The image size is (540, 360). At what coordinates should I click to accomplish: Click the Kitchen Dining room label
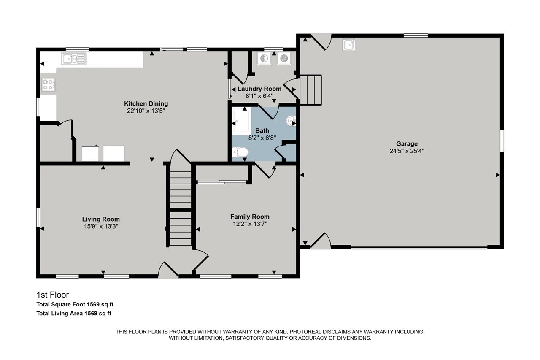click(x=146, y=104)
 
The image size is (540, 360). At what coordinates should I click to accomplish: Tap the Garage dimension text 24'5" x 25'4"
click(x=407, y=151)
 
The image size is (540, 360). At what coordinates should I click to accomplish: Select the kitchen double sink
click(x=74, y=59)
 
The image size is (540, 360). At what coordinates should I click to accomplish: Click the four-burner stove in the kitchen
click(x=49, y=85)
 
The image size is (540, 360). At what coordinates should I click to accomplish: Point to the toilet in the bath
click(x=240, y=152)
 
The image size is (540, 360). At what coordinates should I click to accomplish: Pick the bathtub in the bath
click(x=242, y=121)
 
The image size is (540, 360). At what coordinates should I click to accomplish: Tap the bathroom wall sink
click(x=291, y=121)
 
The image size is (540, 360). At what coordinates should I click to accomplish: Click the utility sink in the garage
click(x=349, y=45)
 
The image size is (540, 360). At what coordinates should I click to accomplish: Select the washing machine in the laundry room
click(x=264, y=58)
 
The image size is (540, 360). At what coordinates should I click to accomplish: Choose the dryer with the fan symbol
click(x=284, y=58)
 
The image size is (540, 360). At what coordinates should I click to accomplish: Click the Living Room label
click(x=101, y=219)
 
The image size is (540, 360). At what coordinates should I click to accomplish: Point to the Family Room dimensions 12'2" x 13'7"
click(x=250, y=224)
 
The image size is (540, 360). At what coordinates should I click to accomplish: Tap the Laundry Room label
click(x=259, y=89)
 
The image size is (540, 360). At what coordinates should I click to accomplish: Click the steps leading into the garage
click(x=311, y=90)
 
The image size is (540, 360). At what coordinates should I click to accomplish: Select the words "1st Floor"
click(x=53, y=295)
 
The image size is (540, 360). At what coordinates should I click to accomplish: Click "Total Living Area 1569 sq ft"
click(x=74, y=314)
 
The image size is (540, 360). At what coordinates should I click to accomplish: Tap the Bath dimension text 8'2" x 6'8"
click(x=262, y=138)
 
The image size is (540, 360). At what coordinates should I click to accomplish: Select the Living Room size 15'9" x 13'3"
click(x=101, y=226)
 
